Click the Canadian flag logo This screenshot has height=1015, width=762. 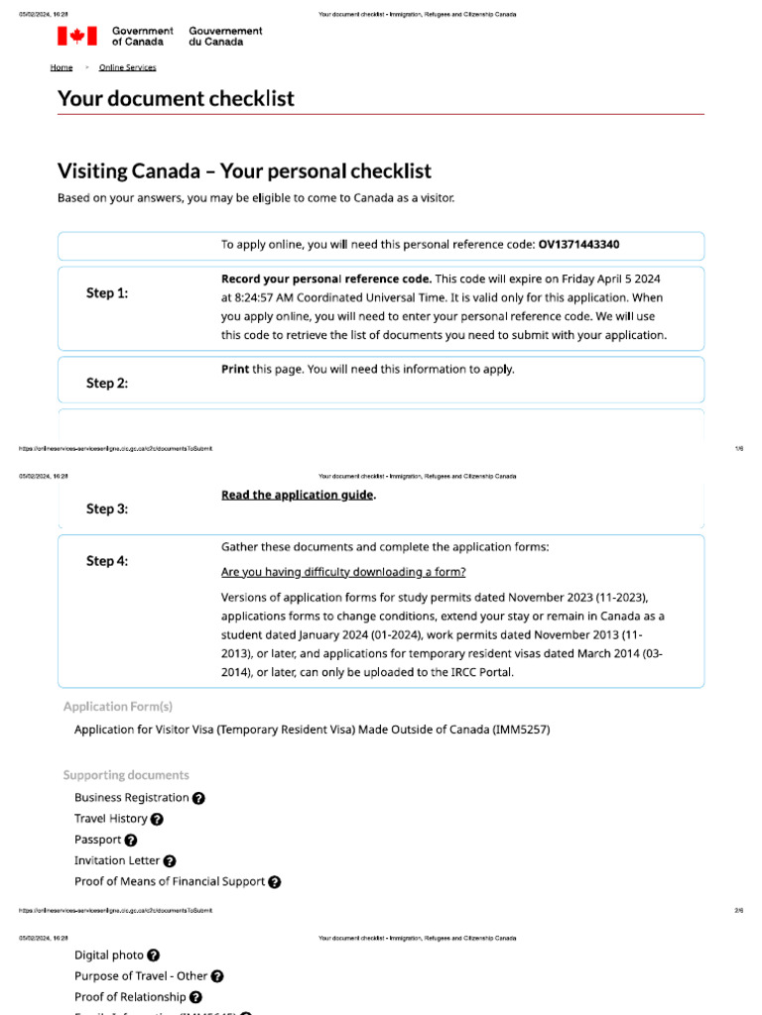click(x=76, y=37)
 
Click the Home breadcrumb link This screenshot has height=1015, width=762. click(x=62, y=67)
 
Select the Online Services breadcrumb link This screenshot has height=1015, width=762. click(x=127, y=67)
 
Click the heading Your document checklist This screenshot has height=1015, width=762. click(x=176, y=98)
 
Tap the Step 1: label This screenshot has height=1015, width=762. click(x=107, y=293)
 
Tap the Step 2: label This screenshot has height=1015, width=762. click(x=107, y=383)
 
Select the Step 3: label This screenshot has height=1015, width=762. click(x=107, y=508)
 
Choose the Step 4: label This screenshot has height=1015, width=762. click(x=107, y=561)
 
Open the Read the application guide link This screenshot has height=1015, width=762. click(x=297, y=495)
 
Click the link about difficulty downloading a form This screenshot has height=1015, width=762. click(x=343, y=572)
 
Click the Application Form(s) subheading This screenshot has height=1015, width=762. click(x=118, y=707)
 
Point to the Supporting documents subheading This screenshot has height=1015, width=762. click(x=126, y=775)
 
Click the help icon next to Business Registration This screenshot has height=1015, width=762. click(x=198, y=798)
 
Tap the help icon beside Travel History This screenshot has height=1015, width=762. click(x=157, y=820)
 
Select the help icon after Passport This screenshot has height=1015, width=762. click(x=131, y=841)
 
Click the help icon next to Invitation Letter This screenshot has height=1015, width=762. click(x=170, y=861)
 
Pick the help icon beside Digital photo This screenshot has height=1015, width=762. click(x=153, y=956)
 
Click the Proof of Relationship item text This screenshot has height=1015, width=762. click(x=130, y=997)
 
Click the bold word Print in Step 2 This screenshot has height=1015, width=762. click(x=234, y=369)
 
